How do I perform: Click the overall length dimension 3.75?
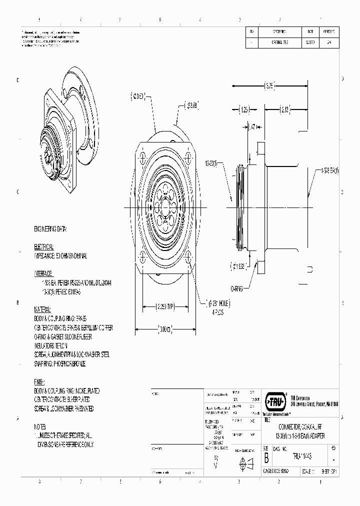tap(269, 86)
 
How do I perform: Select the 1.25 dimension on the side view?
tap(244, 109)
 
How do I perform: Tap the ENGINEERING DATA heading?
tap(50, 229)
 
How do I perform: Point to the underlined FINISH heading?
tap(40, 382)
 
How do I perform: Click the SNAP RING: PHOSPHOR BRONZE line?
tap(59, 364)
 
